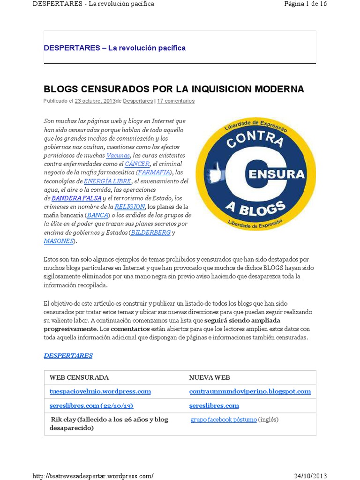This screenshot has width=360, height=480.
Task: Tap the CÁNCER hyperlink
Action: (137, 164)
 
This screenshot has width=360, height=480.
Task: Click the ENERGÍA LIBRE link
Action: (107, 181)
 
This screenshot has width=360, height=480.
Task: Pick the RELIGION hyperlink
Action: (129, 206)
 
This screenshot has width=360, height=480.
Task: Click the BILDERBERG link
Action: (150, 232)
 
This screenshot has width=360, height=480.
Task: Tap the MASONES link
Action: (59, 241)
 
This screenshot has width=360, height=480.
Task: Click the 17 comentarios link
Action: (176, 101)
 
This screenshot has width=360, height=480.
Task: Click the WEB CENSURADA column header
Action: (79, 377)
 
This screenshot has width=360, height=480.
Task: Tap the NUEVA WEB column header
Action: (209, 377)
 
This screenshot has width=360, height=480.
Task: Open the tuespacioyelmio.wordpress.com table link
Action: (100, 391)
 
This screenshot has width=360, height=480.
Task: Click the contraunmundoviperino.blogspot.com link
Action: (250, 391)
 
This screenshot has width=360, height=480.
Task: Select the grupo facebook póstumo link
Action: (223, 420)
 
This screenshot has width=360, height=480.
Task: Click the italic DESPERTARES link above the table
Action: (68, 355)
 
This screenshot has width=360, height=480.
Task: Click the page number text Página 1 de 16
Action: (305, 4)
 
